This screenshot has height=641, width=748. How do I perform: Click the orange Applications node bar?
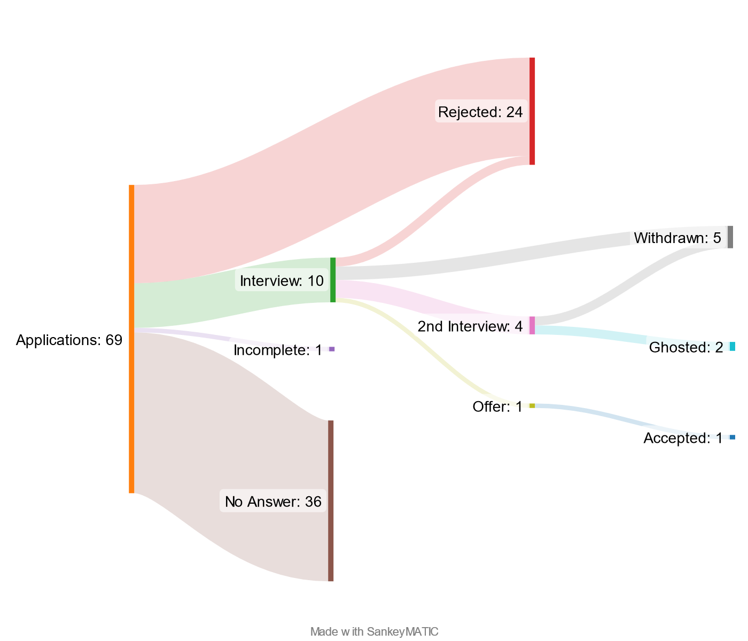click(x=131, y=339)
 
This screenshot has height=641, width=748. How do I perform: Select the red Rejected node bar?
click(x=532, y=111)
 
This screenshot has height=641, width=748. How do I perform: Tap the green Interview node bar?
click(x=333, y=280)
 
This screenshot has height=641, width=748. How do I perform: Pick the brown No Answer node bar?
click(x=331, y=501)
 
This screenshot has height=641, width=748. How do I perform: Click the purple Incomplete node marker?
click(x=332, y=349)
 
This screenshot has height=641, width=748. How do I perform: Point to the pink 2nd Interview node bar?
click(x=532, y=325)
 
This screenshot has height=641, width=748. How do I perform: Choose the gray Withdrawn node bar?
click(x=730, y=237)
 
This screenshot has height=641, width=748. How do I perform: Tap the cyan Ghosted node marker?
click(x=732, y=347)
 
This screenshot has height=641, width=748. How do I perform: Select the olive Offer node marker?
click(x=532, y=406)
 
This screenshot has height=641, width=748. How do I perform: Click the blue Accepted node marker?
click(x=732, y=437)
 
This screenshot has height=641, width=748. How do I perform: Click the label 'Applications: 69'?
click(x=69, y=340)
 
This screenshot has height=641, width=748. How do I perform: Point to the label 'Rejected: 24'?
click(x=480, y=112)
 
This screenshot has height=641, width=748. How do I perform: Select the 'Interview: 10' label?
click(x=282, y=281)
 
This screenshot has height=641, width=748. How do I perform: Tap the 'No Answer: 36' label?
click(x=273, y=502)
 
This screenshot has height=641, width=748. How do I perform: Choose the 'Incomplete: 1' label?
click(x=278, y=350)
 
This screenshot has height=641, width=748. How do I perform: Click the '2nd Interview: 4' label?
click(x=470, y=326)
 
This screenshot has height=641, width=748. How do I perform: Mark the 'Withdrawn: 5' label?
click(x=677, y=238)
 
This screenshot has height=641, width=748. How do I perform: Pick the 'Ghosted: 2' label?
click(x=686, y=348)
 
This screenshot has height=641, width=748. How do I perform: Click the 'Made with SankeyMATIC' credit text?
click(x=374, y=631)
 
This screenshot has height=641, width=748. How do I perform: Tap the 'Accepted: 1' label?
click(x=683, y=439)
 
